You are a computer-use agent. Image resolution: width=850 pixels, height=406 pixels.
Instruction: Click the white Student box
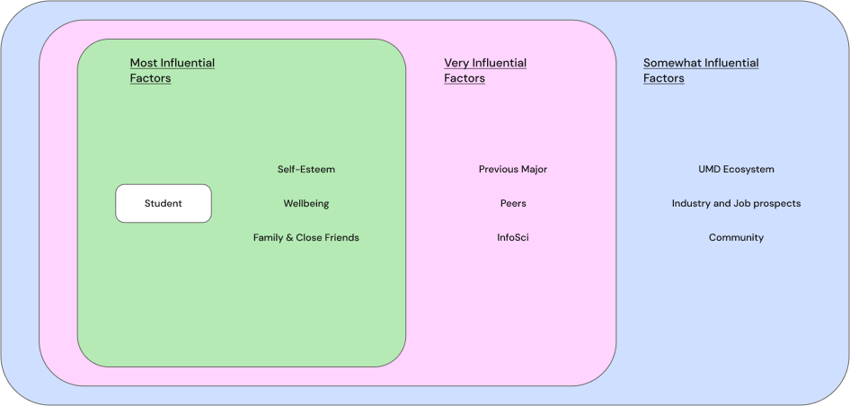click(164, 203)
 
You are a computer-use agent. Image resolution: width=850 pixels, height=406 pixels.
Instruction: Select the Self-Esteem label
click(305, 169)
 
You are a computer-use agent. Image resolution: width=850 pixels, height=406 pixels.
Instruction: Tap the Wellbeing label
click(305, 203)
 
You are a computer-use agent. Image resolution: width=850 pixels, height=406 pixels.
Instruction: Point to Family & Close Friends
click(305, 237)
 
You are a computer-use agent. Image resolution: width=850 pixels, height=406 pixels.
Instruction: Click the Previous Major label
click(512, 169)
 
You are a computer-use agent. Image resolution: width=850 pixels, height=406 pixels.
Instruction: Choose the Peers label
click(512, 203)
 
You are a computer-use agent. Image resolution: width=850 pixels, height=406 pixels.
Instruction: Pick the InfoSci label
click(512, 237)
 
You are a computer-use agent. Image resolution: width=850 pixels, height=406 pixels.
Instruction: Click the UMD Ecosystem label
click(736, 169)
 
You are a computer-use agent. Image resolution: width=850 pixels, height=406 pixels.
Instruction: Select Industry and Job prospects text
click(736, 203)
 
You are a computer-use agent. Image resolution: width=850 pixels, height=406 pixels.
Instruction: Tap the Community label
click(736, 237)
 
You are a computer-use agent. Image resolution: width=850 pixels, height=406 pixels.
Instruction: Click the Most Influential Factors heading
click(172, 70)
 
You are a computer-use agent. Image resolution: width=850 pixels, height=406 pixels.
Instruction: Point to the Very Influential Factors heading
click(485, 70)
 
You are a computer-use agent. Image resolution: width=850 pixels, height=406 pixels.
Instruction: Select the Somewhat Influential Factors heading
click(701, 70)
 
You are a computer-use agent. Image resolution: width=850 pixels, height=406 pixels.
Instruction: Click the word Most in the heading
click(144, 63)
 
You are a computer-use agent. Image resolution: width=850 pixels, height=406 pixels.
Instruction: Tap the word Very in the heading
click(457, 63)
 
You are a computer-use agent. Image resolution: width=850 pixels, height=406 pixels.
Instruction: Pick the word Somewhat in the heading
click(672, 63)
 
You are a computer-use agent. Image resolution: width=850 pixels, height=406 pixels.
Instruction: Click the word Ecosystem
click(749, 169)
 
